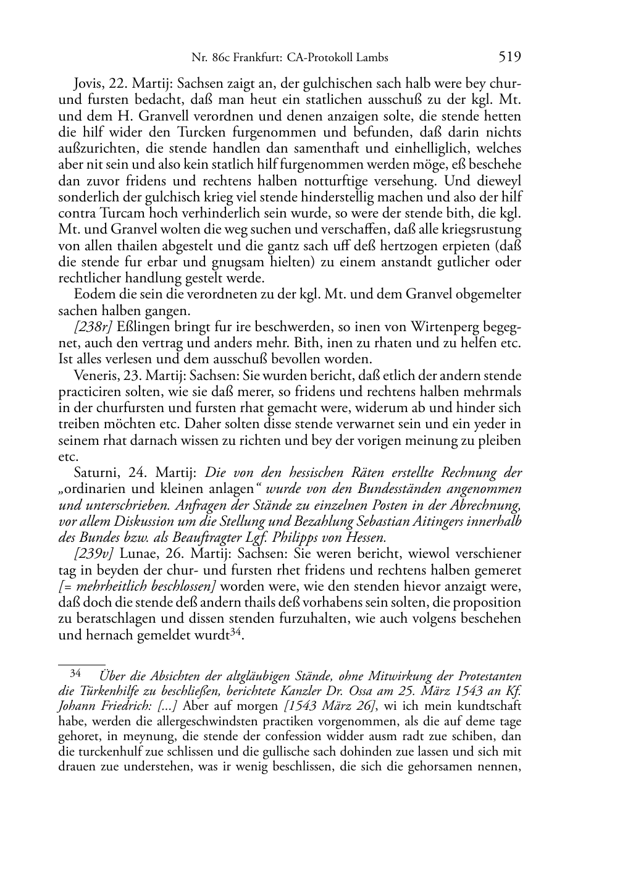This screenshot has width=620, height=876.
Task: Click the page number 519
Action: [x=509, y=57]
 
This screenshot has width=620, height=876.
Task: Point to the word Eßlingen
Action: [x=136, y=327]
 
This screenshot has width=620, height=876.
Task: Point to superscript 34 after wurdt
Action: [x=235, y=633]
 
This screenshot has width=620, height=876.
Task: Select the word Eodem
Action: [x=91, y=294]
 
